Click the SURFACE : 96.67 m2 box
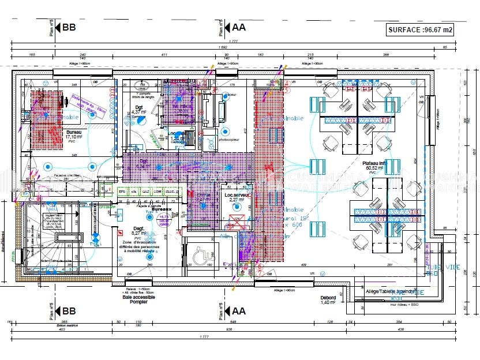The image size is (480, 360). click(x=419, y=29)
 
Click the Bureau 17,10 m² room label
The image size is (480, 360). click(x=73, y=135)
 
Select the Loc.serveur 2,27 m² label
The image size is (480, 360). click(x=237, y=198)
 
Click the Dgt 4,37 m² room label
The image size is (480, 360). click(x=139, y=110)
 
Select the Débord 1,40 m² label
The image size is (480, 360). click(x=328, y=300)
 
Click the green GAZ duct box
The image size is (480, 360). click(x=145, y=191)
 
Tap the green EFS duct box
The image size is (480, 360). click(x=122, y=191)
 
